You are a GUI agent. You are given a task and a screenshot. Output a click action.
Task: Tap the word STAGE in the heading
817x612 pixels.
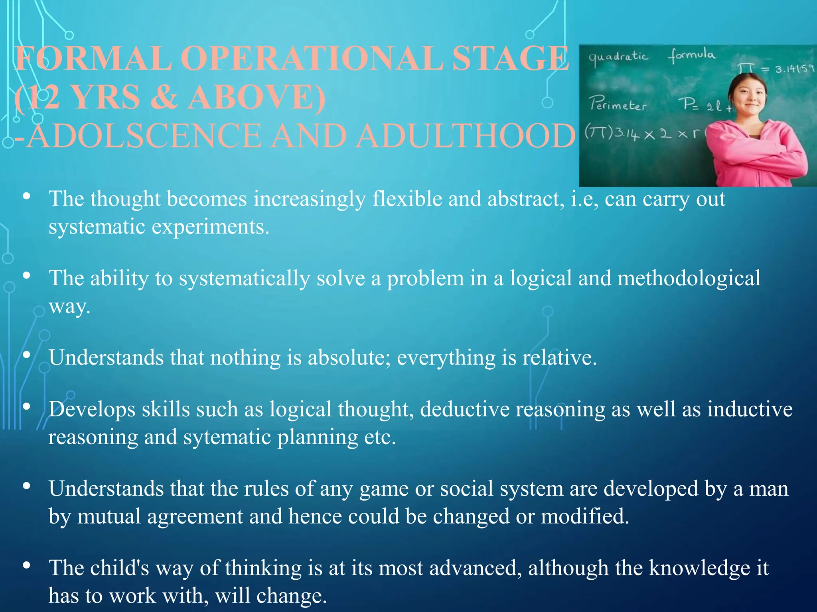point(511,59)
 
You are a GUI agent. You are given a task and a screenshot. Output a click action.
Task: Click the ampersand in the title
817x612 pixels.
point(164,97)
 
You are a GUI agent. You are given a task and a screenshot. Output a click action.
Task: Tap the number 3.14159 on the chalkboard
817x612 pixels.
point(794,69)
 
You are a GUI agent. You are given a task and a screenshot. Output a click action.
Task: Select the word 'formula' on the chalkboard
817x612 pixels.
point(692,55)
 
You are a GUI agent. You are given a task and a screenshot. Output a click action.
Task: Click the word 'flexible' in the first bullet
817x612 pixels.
point(407,199)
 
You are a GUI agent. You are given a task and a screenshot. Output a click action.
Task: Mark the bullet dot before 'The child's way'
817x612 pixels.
point(27,565)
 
